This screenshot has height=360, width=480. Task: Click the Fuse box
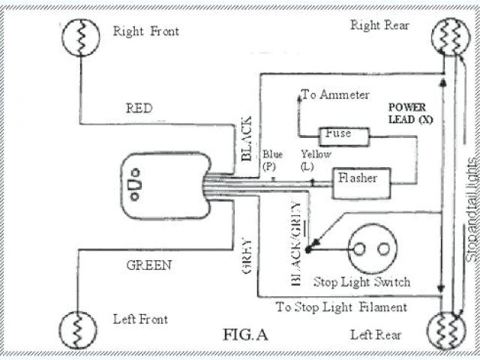tap(345, 136)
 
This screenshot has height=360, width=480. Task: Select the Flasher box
tap(358, 179)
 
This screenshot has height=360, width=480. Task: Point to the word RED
tap(139, 108)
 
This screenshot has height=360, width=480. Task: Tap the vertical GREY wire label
tap(248, 256)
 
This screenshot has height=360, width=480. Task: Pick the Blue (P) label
tap(271, 158)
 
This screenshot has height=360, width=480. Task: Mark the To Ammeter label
tap(335, 94)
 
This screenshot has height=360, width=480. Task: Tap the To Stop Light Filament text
tap(341, 306)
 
